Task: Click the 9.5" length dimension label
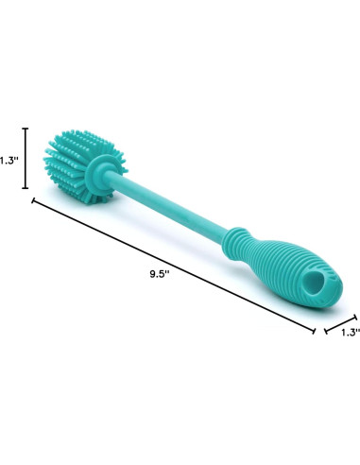[x=160, y=274]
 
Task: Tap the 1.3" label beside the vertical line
[x=9, y=161]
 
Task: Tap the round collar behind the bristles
[x=97, y=172]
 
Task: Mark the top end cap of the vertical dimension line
[x=26, y=129]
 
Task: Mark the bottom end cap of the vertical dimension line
[x=26, y=188]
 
